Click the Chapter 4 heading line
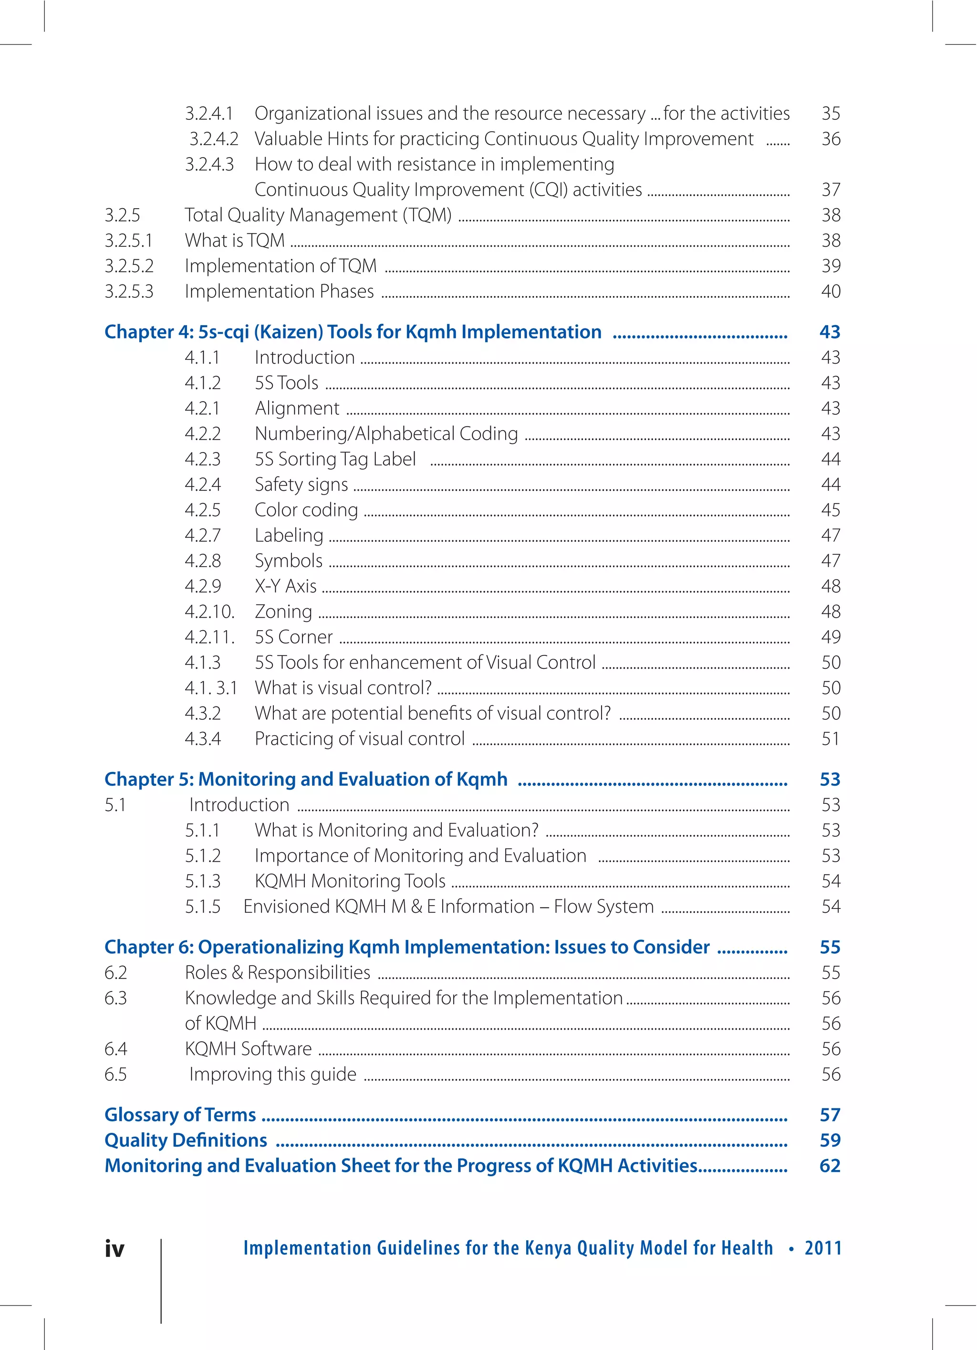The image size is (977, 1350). coord(353,332)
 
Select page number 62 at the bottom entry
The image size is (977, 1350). coord(830,1165)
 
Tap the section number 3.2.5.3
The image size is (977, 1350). coord(129,292)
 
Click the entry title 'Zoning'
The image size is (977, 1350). coord(283,612)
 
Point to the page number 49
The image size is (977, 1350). coord(831,637)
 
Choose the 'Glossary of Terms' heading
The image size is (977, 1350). coord(180,1114)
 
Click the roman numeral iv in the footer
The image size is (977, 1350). coord(115,1248)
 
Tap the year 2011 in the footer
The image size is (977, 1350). coord(823,1248)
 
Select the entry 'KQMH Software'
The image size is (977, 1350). coord(248,1049)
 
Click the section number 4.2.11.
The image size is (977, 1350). coord(209,637)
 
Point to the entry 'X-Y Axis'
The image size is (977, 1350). coord(286,586)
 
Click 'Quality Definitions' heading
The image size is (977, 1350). coord(186,1140)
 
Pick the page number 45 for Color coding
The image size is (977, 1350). coord(831,510)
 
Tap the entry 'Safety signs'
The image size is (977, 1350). coord(301,485)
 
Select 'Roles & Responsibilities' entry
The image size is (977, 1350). coord(277,972)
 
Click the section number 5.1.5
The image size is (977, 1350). coord(202,907)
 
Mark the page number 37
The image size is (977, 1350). coord(831,190)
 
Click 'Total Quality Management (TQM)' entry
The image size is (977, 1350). coord(318,215)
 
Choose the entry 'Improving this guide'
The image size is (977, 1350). coord(272,1075)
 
